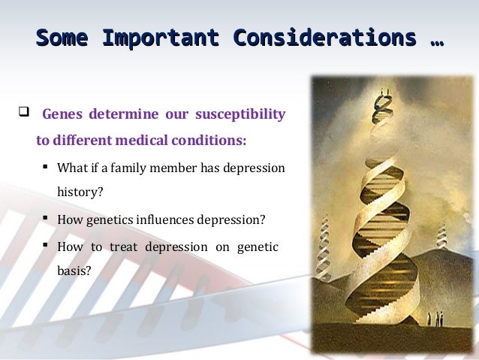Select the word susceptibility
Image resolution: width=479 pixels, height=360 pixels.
[240, 115]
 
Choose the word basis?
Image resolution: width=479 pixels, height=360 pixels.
[74, 271]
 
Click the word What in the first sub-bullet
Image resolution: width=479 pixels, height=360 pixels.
[73, 168]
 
